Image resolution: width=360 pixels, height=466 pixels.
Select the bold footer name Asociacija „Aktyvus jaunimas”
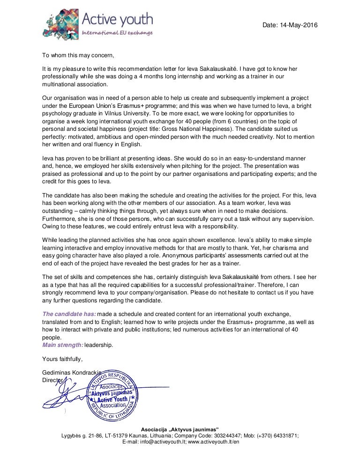pyautogui.click(x=180, y=429)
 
